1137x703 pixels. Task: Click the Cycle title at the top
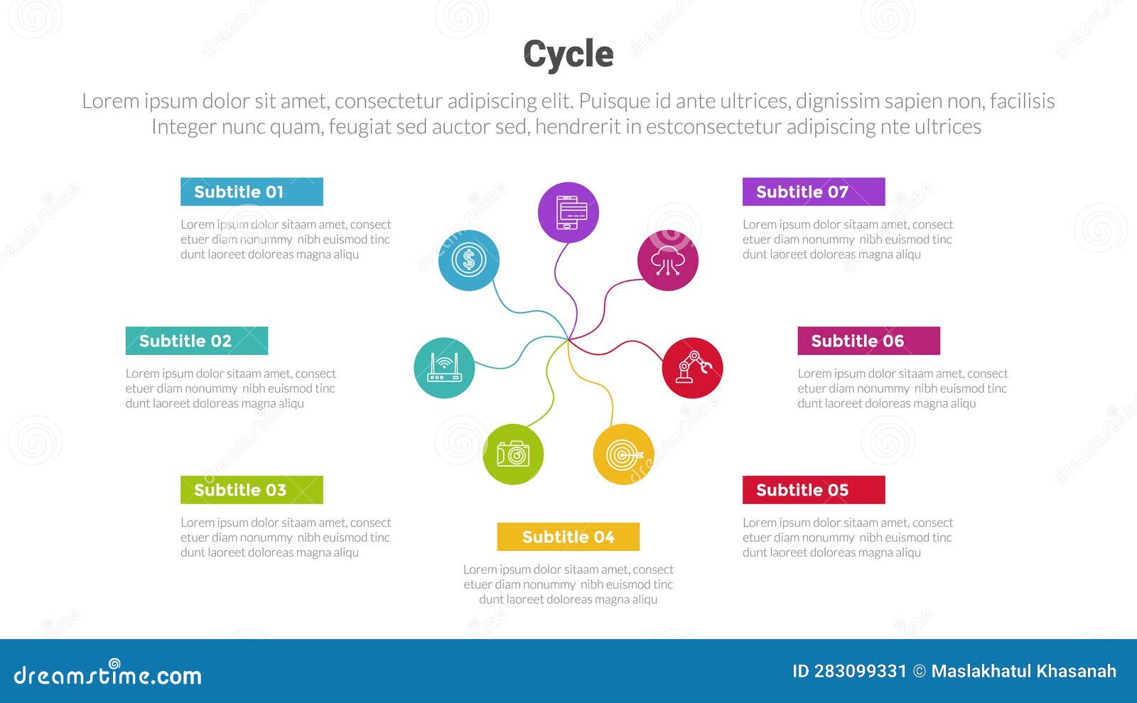pyautogui.click(x=568, y=54)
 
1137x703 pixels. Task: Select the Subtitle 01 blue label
pyautogui.click(x=252, y=192)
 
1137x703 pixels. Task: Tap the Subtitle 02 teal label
pyautogui.click(x=197, y=341)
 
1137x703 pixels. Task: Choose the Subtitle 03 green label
pyautogui.click(x=252, y=490)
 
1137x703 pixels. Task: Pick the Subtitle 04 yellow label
pyautogui.click(x=568, y=537)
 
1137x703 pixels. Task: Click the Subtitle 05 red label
pyautogui.click(x=814, y=490)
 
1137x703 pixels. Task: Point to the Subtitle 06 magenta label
pyautogui.click(x=868, y=341)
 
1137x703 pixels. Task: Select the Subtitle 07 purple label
pyautogui.click(x=814, y=192)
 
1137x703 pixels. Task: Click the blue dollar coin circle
pyautogui.click(x=468, y=261)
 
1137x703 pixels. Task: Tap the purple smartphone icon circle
pyautogui.click(x=568, y=212)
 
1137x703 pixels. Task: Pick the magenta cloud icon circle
pyautogui.click(x=667, y=261)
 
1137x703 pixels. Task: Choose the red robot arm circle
pyautogui.click(x=692, y=368)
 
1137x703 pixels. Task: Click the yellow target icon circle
pyautogui.click(x=623, y=454)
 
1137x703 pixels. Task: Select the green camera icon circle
pyautogui.click(x=513, y=454)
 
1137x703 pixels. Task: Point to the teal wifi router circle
pyautogui.click(x=444, y=368)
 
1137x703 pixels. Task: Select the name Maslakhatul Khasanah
pyautogui.click(x=1023, y=672)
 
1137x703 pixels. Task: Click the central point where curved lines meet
pyautogui.click(x=568, y=339)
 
